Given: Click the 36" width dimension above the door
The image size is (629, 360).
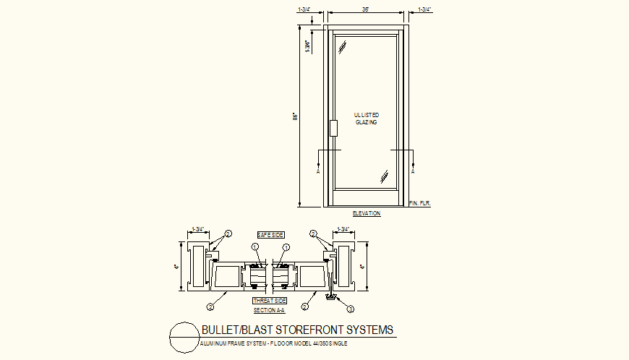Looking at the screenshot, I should pos(365,9).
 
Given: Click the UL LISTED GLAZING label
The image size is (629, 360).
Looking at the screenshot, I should pos(366,119).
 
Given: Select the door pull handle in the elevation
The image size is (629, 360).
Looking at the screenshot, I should pos(333,128).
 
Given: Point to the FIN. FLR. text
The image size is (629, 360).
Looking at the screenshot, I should pos(419,204).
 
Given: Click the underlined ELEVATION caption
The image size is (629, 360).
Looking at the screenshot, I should pos(366,213).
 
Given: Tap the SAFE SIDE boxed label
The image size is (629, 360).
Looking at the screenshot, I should pos(270,236).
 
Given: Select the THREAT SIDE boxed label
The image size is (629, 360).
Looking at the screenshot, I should pos(270,300).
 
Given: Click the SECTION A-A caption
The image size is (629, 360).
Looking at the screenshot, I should pos(270,309).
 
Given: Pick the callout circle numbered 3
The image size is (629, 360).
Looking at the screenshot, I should pos(351,309).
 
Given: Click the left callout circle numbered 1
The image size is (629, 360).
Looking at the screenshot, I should pos(255,247).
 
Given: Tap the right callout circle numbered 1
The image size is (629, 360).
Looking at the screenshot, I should pos(286,247).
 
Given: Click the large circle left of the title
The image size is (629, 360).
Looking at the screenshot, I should pos(182,337).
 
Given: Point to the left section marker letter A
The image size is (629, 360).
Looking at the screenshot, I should pos(318,172).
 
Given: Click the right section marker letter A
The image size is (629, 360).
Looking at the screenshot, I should pos(413,172).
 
